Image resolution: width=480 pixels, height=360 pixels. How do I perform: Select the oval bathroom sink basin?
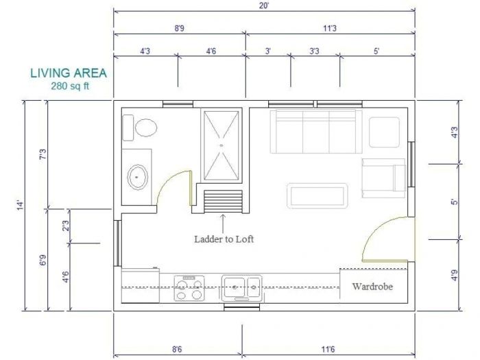point(138,177)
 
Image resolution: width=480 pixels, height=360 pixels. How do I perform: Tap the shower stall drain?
point(221,145)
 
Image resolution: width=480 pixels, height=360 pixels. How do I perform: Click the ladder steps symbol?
point(224,201)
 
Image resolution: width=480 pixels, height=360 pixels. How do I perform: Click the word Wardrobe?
point(372,287)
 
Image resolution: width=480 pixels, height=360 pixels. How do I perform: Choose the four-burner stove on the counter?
point(190,288)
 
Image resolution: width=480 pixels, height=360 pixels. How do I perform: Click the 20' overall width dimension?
point(264,6)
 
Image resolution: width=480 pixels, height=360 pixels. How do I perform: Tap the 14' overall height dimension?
point(21,204)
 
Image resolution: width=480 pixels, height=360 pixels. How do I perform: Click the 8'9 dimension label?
point(180,28)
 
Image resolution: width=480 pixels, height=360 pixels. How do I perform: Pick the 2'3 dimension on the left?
point(65,225)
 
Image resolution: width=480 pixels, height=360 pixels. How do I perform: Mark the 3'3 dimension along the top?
point(314,51)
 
